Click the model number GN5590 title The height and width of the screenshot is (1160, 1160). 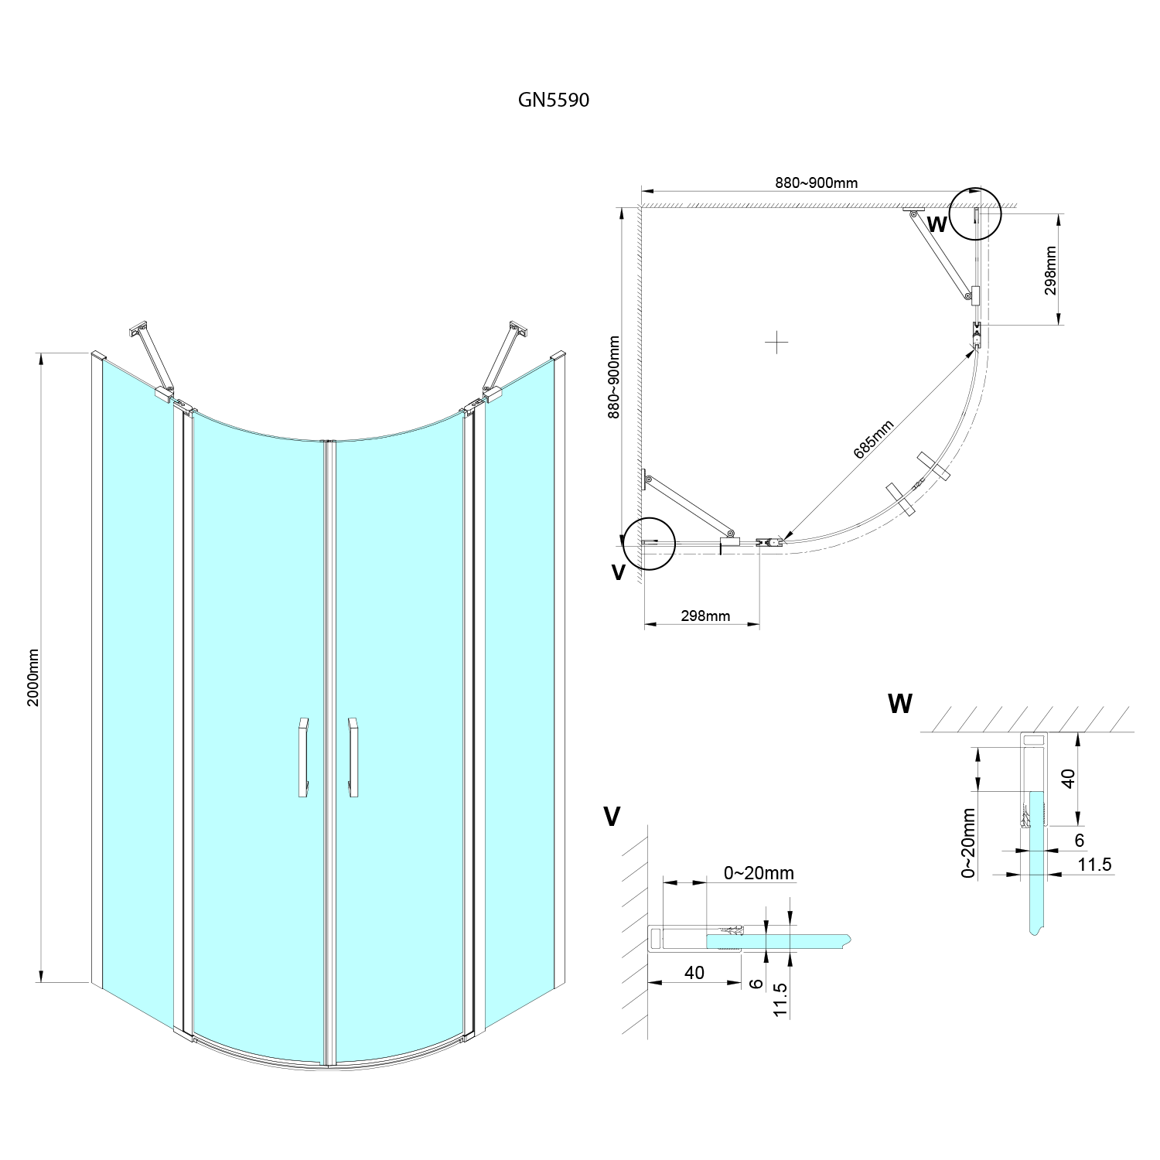[553, 100]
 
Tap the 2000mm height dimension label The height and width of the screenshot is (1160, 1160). [32, 677]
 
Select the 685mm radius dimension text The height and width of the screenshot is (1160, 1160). [874, 439]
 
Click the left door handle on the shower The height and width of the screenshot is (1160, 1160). [302, 757]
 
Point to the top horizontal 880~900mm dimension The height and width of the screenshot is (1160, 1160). [816, 183]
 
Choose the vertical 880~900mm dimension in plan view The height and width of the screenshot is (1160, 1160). [613, 377]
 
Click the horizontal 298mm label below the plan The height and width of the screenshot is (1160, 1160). [705, 616]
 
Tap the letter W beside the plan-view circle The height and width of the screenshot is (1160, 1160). [937, 225]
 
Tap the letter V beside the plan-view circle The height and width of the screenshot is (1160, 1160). [617, 571]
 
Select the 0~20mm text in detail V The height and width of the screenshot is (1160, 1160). [759, 872]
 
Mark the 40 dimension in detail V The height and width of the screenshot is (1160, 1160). [694, 972]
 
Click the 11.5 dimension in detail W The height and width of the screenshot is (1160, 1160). [1094, 864]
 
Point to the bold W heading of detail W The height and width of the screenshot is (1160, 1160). [900, 703]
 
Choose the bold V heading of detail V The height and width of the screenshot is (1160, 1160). [612, 816]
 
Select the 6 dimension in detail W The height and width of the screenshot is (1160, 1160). [1080, 839]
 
